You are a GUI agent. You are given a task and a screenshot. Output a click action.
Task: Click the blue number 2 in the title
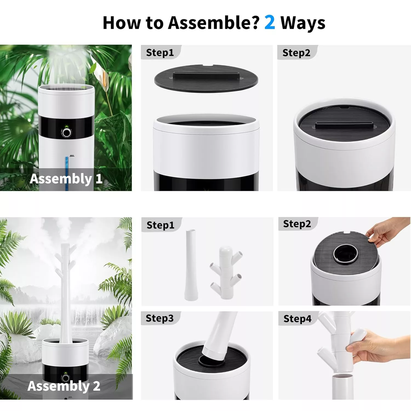click(x=270, y=22)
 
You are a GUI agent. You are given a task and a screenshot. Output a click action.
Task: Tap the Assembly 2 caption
click(x=64, y=386)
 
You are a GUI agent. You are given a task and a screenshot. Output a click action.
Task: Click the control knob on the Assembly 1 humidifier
click(x=66, y=133)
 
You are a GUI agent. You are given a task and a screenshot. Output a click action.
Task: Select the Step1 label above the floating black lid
click(x=160, y=53)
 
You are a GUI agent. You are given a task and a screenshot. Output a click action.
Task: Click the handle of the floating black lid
click(x=206, y=75)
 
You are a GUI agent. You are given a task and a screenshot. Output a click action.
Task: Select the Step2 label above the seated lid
click(x=296, y=53)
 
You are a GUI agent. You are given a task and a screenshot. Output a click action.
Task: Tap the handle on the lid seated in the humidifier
click(x=344, y=125)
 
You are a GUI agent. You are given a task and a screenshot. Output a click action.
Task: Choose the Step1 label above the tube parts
click(x=161, y=225)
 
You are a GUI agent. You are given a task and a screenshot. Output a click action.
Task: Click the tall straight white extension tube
click(x=190, y=265)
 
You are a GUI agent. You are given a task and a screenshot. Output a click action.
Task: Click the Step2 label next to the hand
click(x=297, y=224)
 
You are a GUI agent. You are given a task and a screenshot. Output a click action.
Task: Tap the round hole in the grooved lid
click(x=346, y=254)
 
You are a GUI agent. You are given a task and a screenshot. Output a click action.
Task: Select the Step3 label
click(x=160, y=318)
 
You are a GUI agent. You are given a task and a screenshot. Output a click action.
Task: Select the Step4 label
click(x=298, y=319)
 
